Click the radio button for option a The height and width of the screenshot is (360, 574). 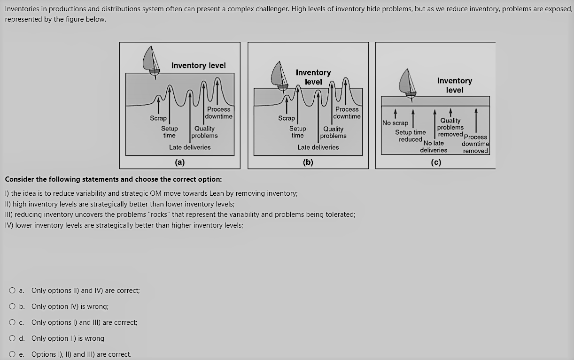12,291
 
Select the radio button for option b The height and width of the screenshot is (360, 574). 12,306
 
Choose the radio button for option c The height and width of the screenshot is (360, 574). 12,322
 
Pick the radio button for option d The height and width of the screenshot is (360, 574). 12,338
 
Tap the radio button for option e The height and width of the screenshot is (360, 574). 12,354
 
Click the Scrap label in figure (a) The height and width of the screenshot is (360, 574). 158,118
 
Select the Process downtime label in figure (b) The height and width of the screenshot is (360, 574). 347,113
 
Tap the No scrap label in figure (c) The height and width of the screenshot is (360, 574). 395,123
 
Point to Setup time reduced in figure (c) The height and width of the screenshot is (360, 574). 410,136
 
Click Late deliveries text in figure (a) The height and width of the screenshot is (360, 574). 190,147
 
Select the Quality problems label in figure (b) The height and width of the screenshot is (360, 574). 333,132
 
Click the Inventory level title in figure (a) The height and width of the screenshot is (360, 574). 198,66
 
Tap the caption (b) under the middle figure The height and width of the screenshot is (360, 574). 308,162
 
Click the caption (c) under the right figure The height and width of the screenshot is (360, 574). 436,162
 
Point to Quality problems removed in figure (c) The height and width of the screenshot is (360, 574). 450,127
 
